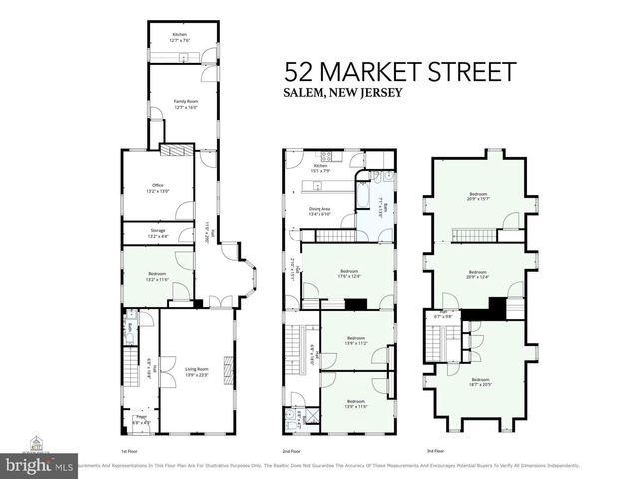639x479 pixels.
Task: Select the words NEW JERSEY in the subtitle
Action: tap(375, 94)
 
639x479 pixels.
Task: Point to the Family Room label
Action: tap(184, 103)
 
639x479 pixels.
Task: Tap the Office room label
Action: tap(157, 186)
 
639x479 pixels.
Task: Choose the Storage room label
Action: tap(157, 233)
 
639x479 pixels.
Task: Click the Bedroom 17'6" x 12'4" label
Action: tap(349, 273)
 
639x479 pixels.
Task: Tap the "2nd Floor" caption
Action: tap(291, 451)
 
